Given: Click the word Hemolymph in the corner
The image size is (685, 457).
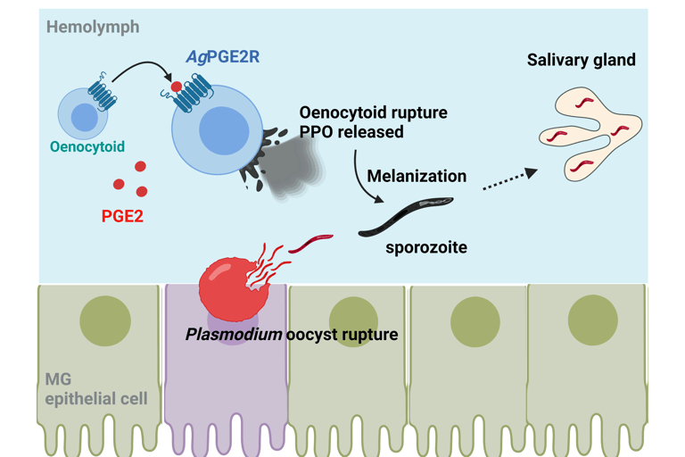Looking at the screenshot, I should click(x=93, y=27).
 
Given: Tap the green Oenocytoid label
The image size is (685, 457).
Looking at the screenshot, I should click(x=87, y=146).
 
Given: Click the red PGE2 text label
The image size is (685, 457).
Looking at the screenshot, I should click(x=123, y=216).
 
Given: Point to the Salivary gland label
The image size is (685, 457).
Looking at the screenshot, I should click(x=581, y=61).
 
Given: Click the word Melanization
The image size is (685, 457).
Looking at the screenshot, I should click(x=417, y=176).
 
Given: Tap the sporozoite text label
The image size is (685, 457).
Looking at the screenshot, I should click(x=425, y=246).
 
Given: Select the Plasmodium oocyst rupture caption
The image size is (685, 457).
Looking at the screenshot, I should click(x=292, y=335).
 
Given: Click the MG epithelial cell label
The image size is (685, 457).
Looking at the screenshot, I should click(x=96, y=388).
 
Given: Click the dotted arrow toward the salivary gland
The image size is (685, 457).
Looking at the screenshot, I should click(x=509, y=179).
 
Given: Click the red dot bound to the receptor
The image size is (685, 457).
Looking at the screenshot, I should click(x=177, y=87).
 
